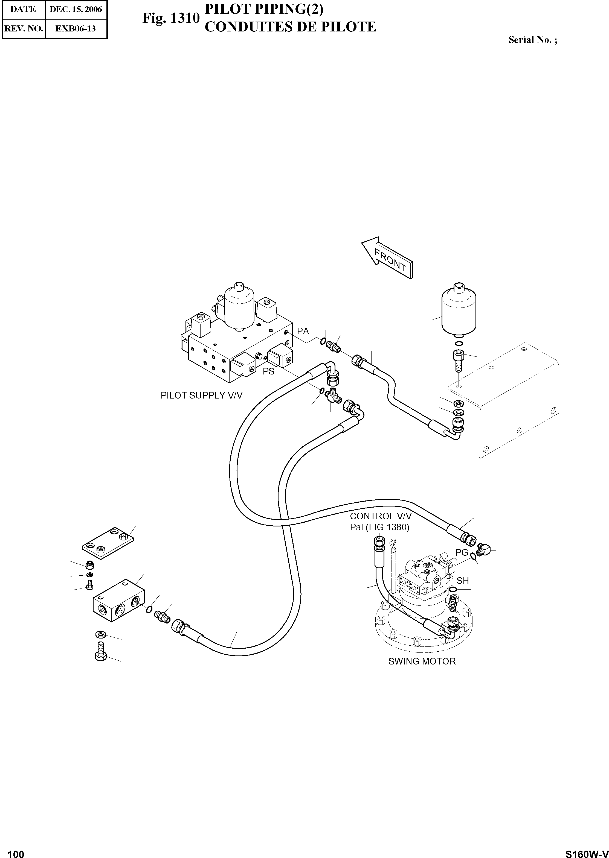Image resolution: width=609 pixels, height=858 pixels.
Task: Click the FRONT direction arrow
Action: coord(388,258)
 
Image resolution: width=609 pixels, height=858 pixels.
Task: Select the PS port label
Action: coord(268,371)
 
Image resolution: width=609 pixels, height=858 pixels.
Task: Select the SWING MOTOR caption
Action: coord(422,661)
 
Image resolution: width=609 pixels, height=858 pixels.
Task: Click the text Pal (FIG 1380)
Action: coord(379,527)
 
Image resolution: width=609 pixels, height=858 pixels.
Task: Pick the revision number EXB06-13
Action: coord(76,28)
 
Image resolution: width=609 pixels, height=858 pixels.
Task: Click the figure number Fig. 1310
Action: coord(171,18)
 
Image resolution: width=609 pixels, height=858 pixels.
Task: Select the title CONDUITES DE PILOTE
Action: coord(290,27)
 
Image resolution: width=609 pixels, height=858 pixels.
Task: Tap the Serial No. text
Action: coord(532,40)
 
